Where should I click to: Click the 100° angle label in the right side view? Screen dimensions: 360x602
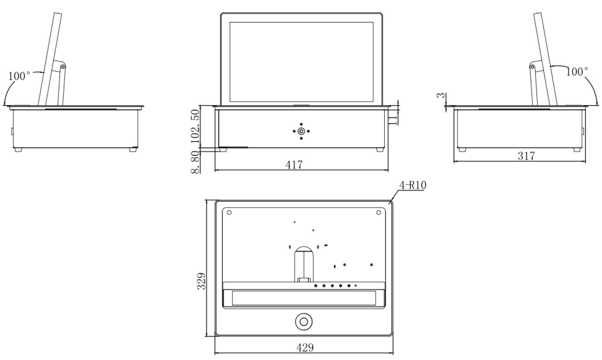point(578,72)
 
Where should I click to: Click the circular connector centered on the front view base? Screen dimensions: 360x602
point(301,131)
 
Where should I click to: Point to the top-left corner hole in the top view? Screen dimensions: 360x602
point(230,212)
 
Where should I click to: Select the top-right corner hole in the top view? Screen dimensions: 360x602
point(378,212)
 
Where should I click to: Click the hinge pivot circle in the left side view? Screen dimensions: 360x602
point(62,66)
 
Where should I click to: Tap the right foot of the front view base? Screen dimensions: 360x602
point(378,150)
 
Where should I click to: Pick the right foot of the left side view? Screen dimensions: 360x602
point(133,150)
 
